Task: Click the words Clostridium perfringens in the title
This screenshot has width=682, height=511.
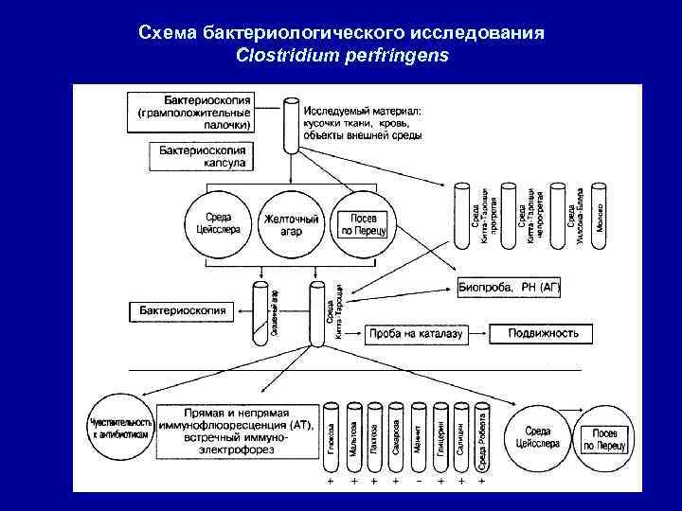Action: click(x=342, y=55)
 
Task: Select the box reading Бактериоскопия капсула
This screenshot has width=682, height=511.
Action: click(x=199, y=156)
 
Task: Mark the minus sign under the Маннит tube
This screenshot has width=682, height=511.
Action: click(x=418, y=482)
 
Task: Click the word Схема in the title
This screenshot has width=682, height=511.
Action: click(x=168, y=33)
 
